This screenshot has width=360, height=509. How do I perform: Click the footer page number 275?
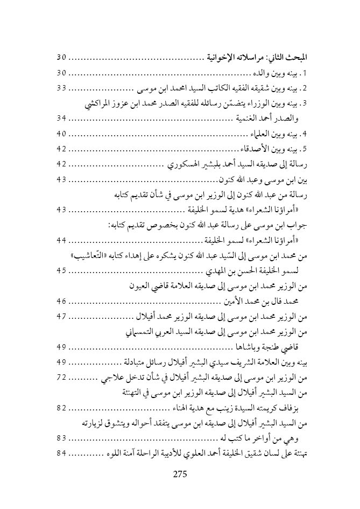pyautogui.click(x=179, y=475)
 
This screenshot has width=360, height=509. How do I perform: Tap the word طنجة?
pyautogui.click(x=272, y=347)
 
